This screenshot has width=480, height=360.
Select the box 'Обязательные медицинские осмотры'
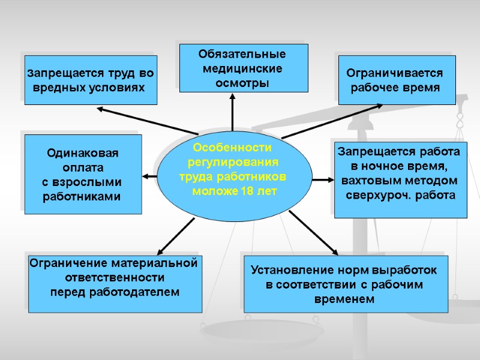coord(244,68)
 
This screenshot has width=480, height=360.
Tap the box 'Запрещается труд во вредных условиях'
coord(91,80)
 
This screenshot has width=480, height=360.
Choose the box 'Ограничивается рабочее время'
coord(397,80)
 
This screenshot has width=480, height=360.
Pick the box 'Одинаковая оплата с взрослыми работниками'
coord(83,174)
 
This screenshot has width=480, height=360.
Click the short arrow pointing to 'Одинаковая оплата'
coord(150,176)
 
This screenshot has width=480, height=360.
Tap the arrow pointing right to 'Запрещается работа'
coord(323,179)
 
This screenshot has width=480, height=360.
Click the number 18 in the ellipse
coord(247,191)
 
